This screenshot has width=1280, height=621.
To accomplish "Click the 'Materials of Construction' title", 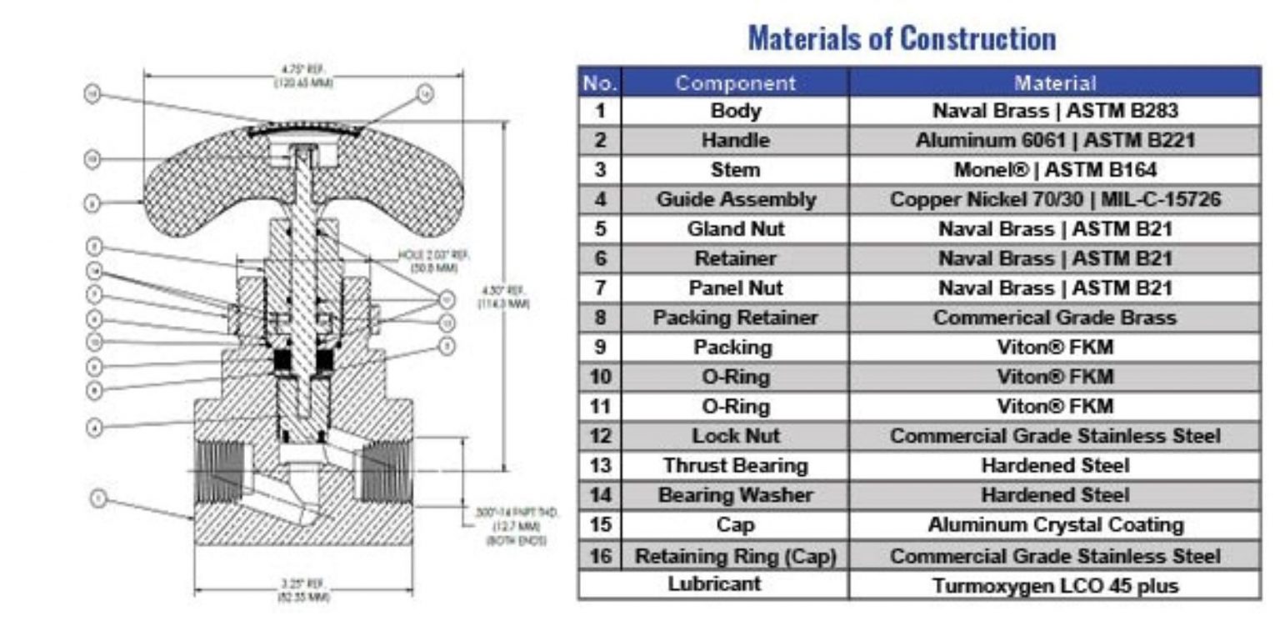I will click(x=902, y=38).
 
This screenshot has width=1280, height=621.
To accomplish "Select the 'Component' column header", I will click(x=735, y=83).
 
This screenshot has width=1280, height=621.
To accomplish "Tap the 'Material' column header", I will click(x=1054, y=83).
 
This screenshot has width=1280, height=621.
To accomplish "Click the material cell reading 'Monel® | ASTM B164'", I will click(x=1054, y=170).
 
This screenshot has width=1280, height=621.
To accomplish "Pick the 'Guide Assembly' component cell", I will click(x=735, y=200).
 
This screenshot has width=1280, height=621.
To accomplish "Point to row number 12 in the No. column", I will click(x=599, y=436).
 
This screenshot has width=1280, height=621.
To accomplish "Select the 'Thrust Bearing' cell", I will click(x=735, y=465).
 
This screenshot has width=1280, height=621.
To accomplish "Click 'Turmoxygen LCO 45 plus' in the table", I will click(x=1054, y=585).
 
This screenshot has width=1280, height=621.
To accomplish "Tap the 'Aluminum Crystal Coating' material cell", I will click(x=1054, y=525).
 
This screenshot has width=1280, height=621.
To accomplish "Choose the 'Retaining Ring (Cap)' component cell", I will click(x=735, y=555).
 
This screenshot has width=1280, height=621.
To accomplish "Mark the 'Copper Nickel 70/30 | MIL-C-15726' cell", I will click(x=1054, y=200).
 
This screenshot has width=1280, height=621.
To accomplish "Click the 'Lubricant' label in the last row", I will click(x=714, y=583).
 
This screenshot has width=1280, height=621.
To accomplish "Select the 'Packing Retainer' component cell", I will click(x=735, y=318).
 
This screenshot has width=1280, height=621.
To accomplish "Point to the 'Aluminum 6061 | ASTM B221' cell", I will click(x=1054, y=140).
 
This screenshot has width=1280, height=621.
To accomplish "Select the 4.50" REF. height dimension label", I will click(x=503, y=297).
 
